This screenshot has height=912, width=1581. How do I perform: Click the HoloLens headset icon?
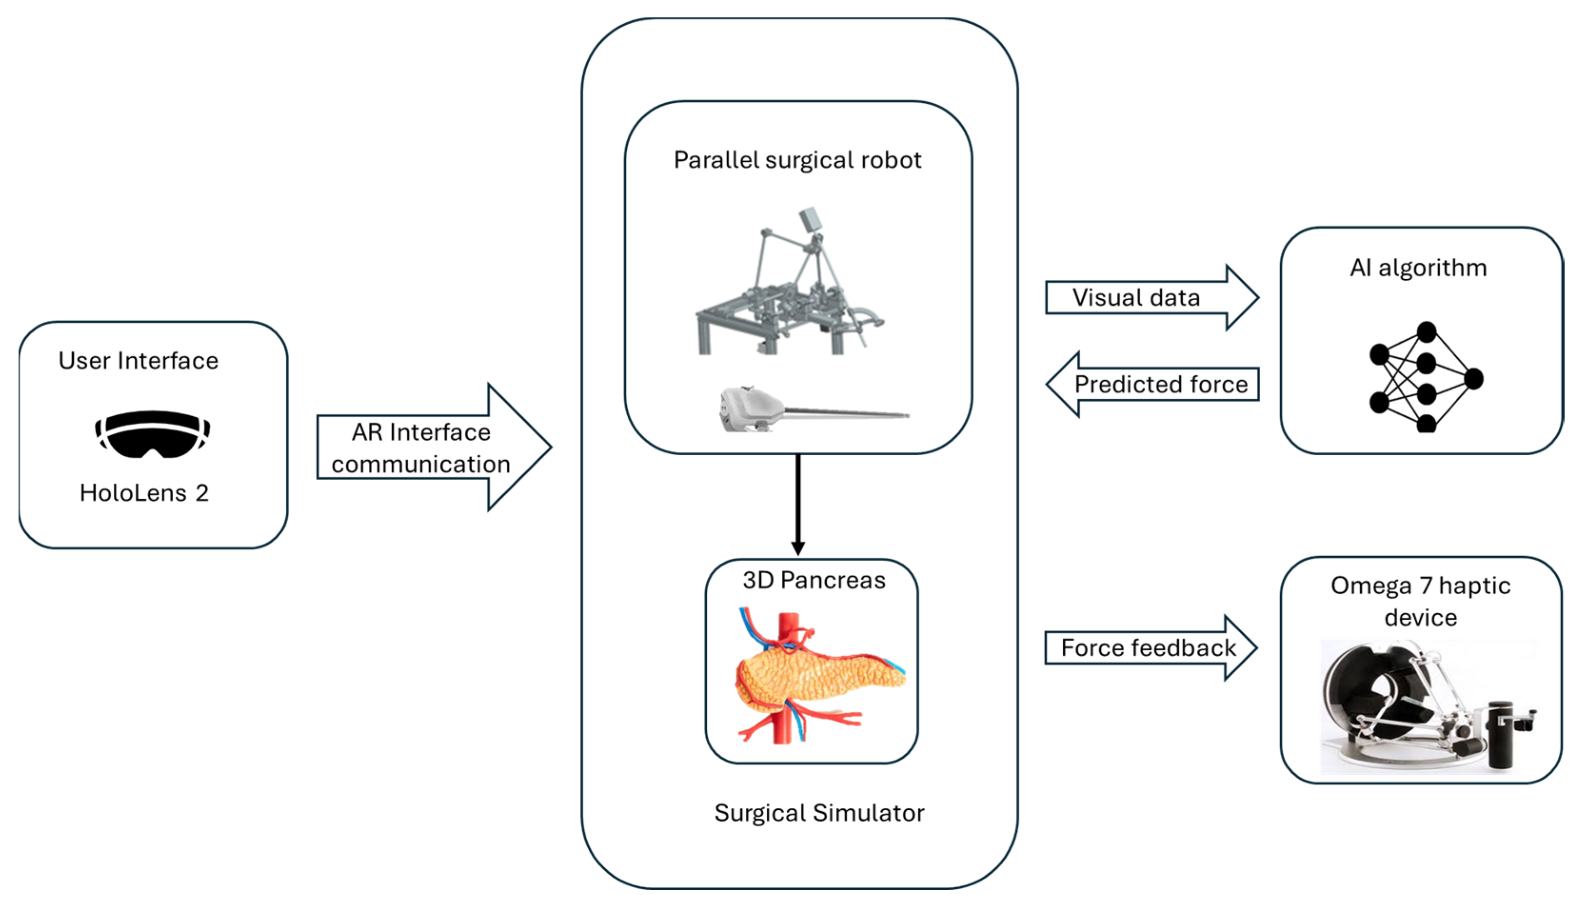click(x=152, y=433)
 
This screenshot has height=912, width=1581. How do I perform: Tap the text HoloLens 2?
click(x=144, y=493)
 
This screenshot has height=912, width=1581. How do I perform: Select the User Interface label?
click(x=138, y=361)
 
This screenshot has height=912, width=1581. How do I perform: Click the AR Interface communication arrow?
click(x=434, y=447)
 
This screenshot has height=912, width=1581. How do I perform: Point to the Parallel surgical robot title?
click(x=797, y=160)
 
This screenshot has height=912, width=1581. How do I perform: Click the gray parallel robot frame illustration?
click(x=790, y=281)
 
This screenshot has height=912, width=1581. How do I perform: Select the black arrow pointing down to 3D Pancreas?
click(x=798, y=505)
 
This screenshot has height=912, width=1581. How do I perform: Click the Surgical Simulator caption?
click(x=819, y=813)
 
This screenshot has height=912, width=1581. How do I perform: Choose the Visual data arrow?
click(x=1152, y=297)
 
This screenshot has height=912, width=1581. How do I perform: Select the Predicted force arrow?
click(x=1152, y=384)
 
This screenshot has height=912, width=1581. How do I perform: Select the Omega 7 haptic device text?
click(x=1421, y=601)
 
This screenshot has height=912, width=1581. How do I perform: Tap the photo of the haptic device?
click(x=1428, y=706)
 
